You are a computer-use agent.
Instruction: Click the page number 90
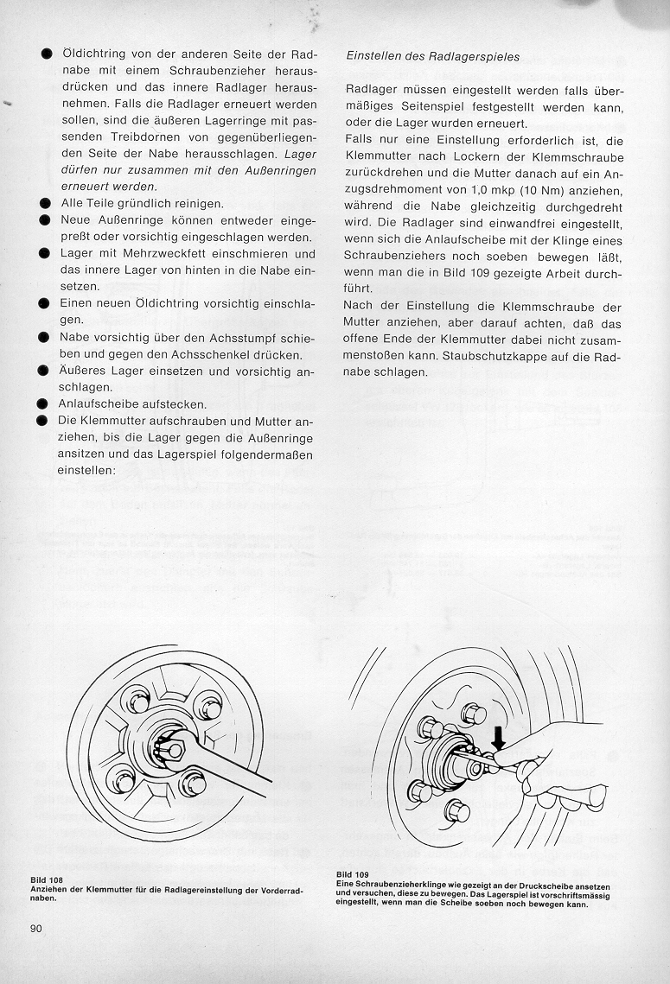pyautogui.click(x=35, y=928)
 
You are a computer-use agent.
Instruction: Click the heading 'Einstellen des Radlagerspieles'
pyautogui.click(x=432, y=57)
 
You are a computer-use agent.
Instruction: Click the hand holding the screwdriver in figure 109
pyautogui.click(x=553, y=760)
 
